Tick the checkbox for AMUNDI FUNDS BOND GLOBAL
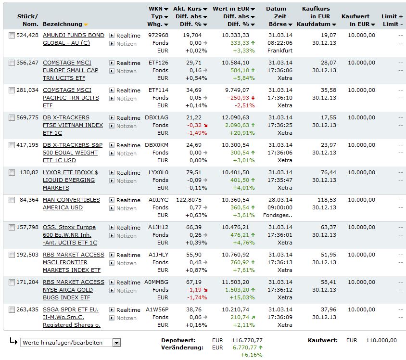pos(12,35)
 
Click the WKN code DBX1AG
pos(157,117)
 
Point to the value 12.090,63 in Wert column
pos(236,117)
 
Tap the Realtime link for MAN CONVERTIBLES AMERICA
pos(128,200)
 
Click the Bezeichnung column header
pos(63,24)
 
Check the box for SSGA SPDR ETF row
pos(12,309)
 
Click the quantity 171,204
pos(26,282)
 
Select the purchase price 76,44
pos(329,172)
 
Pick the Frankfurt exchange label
pos(280,51)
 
